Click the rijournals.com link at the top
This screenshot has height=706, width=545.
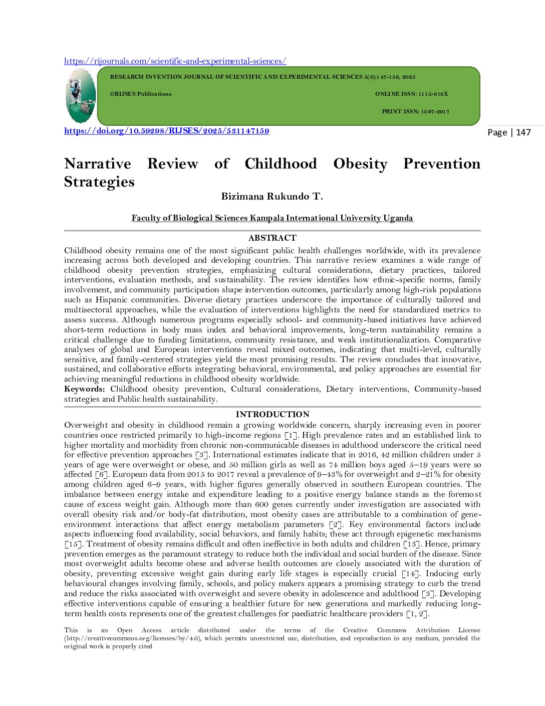point(175,61)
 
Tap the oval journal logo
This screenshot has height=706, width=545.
point(81,96)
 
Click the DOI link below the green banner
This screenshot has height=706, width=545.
point(166,131)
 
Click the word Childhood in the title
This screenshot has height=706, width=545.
point(281,164)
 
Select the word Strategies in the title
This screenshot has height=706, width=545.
point(99,182)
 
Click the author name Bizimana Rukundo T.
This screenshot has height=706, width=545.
point(272,197)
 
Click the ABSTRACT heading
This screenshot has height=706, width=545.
point(272,238)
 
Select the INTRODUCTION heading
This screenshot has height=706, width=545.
point(272,415)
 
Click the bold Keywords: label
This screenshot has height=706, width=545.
point(84,389)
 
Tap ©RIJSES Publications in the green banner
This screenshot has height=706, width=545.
point(140,94)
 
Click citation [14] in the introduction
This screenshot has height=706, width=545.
point(411,574)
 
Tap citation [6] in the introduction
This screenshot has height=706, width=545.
point(102,474)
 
